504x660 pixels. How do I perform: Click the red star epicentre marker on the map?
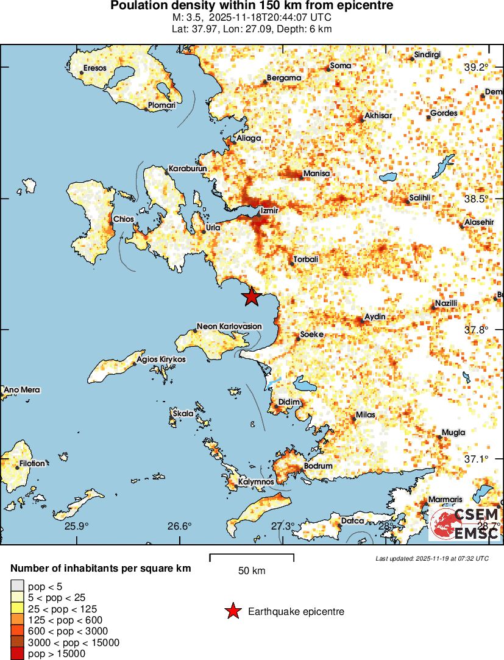(251, 297)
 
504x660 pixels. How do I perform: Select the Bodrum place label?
(318, 466)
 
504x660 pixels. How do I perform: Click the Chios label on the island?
(124, 219)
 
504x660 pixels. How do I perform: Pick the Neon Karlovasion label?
(229, 326)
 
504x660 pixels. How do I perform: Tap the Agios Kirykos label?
(161, 360)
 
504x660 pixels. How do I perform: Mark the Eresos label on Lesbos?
(94, 68)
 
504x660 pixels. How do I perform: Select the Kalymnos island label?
(256, 481)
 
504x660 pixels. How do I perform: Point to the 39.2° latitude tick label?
(476, 67)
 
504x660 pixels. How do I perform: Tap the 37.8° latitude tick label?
(476, 330)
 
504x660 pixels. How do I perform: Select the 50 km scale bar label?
(251, 571)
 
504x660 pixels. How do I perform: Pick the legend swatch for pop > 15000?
(17, 653)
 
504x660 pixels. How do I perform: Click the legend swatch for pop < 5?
(17, 586)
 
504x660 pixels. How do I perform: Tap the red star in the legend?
(233, 611)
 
